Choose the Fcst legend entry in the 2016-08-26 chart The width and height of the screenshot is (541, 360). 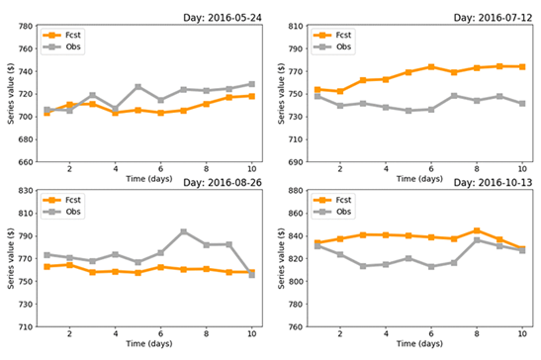click(69, 201)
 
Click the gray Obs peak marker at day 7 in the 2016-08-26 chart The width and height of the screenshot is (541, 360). click(184, 231)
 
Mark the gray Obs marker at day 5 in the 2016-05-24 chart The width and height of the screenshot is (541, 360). click(138, 87)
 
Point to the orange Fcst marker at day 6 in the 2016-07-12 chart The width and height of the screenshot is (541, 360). click(431, 67)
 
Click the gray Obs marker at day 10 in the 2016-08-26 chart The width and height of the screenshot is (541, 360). click(252, 275)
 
